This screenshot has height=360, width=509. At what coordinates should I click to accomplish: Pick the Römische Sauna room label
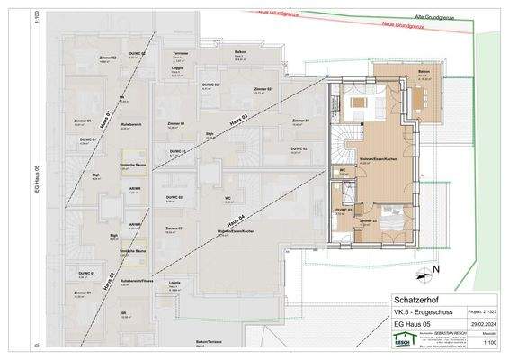point(133,166)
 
